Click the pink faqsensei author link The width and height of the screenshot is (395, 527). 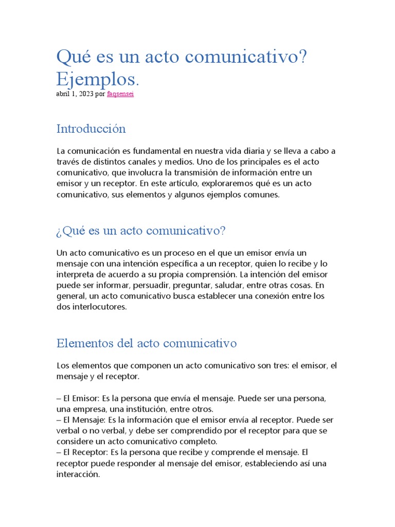pos(120,95)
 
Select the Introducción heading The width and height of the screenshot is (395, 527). pos(91,129)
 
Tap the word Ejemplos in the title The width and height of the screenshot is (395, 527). pos(97,79)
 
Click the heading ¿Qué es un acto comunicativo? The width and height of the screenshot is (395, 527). pos(141,231)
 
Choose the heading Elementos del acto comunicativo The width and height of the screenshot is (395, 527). pos(147,343)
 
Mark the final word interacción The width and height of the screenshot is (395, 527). pos(77,475)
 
